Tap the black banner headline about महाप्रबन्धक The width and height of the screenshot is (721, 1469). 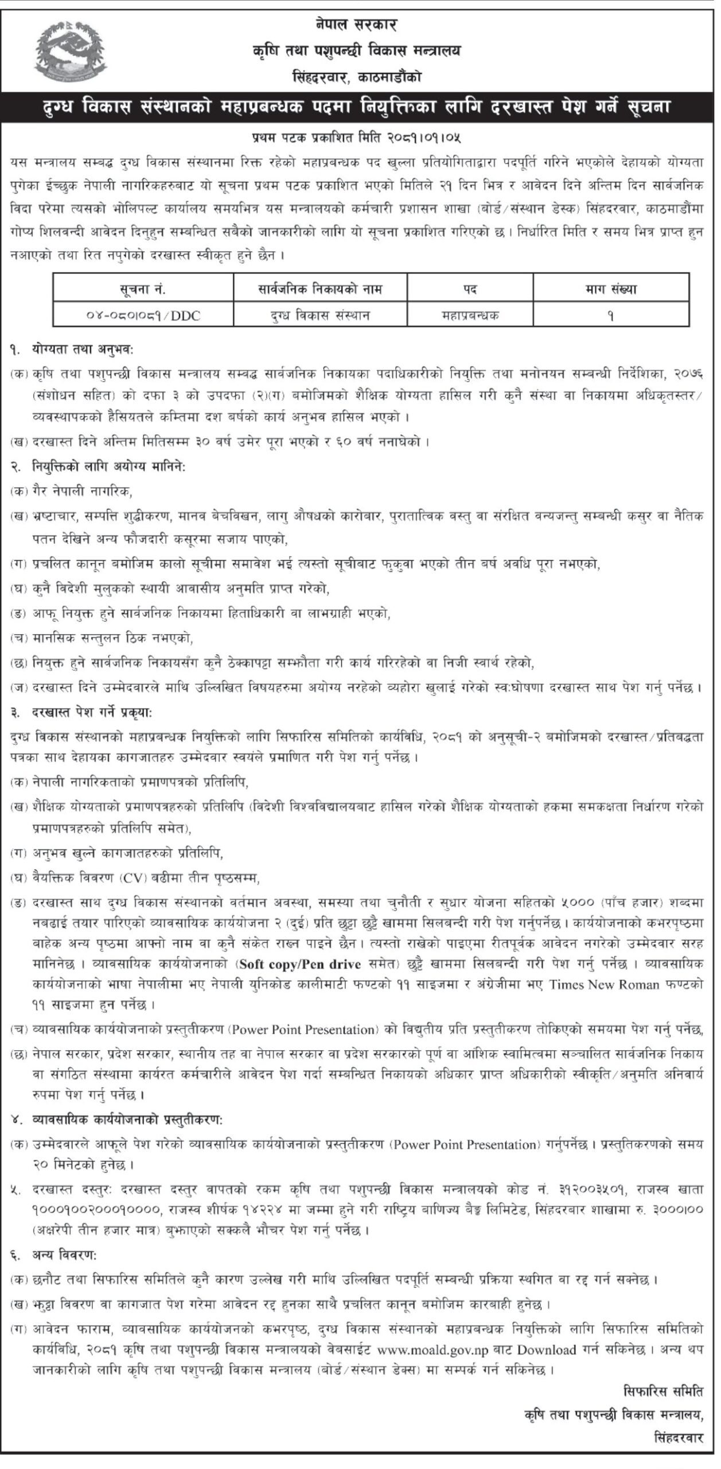tap(360, 107)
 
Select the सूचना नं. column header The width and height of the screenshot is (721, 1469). tap(143, 289)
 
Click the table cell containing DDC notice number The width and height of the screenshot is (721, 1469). tap(143, 314)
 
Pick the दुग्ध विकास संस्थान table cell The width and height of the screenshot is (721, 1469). tap(320, 314)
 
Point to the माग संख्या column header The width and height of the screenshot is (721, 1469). tap(610, 289)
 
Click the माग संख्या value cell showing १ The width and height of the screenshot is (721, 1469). tap(610, 314)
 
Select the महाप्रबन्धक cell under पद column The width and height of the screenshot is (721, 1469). tap(470, 314)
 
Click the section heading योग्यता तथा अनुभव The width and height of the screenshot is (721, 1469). tap(83, 348)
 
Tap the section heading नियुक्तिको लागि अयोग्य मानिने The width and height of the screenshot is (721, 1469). tap(109, 467)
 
